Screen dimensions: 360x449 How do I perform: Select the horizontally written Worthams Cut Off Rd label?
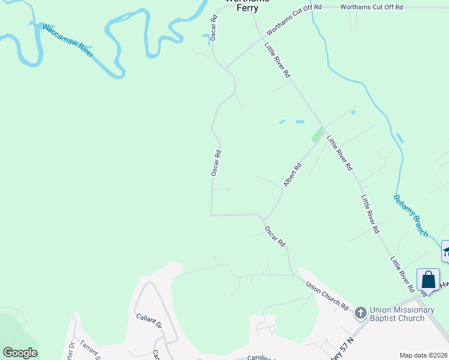click(371, 7)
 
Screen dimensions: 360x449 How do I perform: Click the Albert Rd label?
click(292, 175)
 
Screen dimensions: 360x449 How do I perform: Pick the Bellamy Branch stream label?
click(411, 215)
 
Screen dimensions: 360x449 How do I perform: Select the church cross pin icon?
click(360, 313)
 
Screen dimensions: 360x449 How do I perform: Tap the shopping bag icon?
click(428, 280)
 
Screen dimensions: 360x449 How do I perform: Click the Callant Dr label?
click(148, 320)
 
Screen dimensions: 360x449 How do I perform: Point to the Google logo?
click(20, 353)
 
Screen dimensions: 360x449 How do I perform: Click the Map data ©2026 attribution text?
click(423, 355)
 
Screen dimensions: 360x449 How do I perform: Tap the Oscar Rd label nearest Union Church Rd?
click(275, 235)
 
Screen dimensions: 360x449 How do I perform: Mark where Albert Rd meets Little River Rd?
click(323, 127)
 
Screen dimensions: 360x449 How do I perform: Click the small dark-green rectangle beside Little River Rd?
click(316, 134)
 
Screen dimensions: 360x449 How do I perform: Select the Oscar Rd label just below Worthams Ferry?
click(213, 28)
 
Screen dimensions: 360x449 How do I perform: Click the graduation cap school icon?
click(446, 251)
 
